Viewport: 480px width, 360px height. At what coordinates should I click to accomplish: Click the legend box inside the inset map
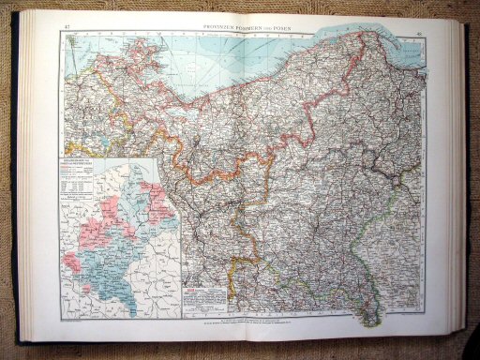(87, 183)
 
